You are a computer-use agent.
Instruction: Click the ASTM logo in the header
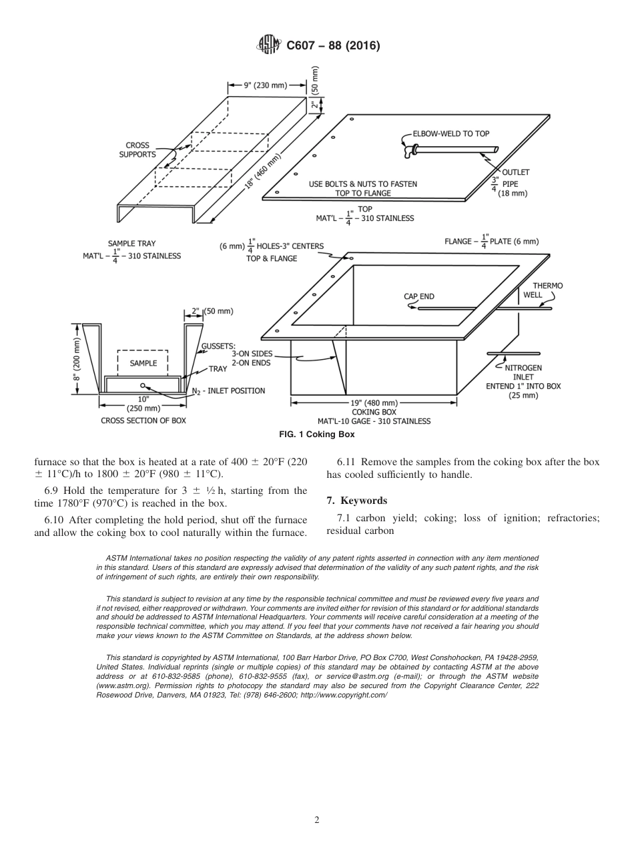[269, 46]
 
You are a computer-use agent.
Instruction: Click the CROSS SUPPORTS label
[137, 150]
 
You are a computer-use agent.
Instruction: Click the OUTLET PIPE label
[515, 182]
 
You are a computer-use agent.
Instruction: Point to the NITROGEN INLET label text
[523, 372]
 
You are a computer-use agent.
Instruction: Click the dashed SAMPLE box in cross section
[143, 363]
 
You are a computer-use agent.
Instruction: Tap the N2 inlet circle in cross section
[143, 385]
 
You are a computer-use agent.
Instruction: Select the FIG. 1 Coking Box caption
[316, 435]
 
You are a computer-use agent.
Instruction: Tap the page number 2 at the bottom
[316, 820]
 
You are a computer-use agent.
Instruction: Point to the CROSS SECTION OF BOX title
[143, 420]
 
